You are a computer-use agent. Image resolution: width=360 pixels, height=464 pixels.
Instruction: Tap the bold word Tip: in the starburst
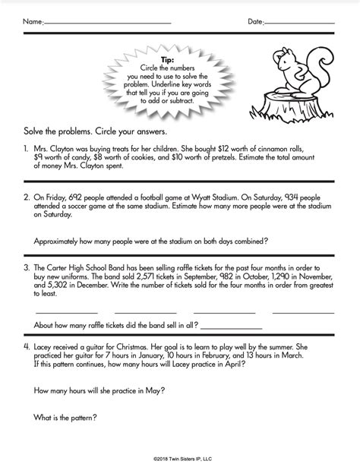169,60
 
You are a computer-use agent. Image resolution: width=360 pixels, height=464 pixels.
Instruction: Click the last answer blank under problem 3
304,311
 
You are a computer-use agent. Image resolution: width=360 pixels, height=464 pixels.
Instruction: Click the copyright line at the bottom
180,458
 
